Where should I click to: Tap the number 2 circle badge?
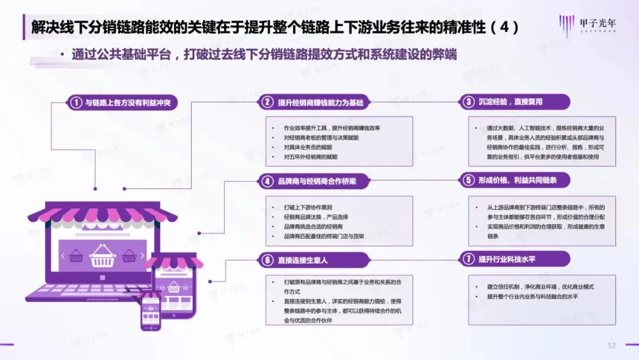[x=268, y=102]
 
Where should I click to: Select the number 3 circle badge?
[x=469, y=102]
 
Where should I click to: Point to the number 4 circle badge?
[x=268, y=181]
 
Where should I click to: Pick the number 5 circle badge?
[x=469, y=180]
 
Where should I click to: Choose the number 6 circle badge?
[x=268, y=260]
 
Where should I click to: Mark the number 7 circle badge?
[x=469, y=259]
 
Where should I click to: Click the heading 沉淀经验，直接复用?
[x=510, y=102]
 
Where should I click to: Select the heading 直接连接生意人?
[x=302, y=260]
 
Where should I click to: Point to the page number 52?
[x=612, y=345]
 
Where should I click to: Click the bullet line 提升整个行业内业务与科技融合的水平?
[x=532, y=296]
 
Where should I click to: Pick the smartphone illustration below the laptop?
[x=150, y=311]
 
